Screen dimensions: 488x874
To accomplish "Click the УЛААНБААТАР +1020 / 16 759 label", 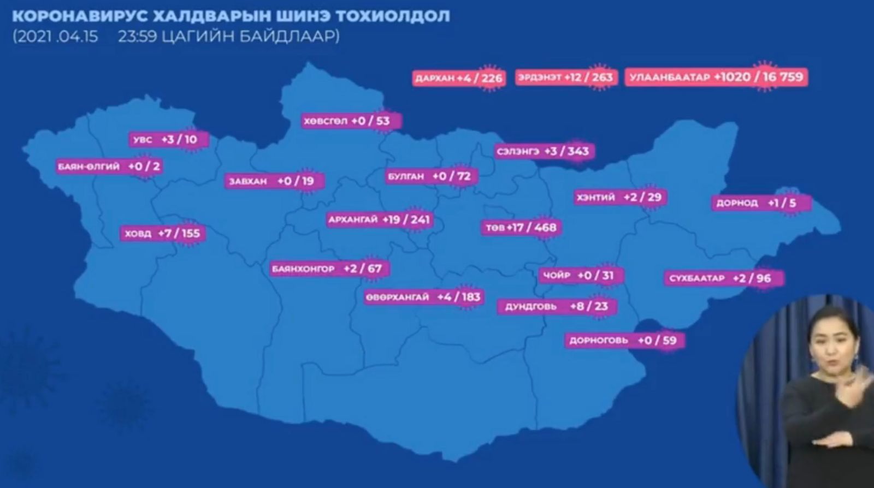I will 716,77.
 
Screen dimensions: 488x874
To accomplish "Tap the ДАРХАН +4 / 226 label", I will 458,78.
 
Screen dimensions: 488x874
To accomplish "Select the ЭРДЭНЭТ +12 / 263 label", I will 565,77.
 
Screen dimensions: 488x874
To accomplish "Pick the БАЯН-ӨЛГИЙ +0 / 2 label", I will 109,166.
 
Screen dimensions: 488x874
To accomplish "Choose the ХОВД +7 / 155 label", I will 162,234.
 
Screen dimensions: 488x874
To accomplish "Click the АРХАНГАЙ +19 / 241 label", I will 379,219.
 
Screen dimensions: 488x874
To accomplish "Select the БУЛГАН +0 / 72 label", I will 429,176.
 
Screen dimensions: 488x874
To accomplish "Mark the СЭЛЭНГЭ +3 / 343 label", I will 543,151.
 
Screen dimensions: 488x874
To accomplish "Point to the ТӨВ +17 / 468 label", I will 521,228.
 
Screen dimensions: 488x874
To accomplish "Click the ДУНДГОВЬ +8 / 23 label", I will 556,306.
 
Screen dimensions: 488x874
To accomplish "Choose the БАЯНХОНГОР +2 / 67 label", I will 327,269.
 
